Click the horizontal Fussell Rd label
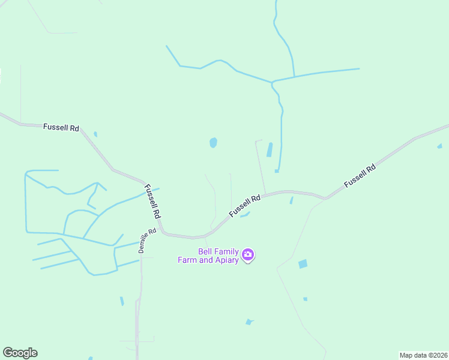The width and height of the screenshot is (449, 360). pos(61,127)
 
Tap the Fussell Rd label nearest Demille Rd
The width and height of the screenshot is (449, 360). pos(152,201)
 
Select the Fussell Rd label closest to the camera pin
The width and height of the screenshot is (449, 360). pos(245,206)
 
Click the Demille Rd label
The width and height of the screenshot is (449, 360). pos(147,241)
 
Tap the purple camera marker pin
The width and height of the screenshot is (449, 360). pos(248,256)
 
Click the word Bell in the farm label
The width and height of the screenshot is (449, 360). pos(206,252)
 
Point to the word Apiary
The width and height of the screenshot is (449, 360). pos(226,260)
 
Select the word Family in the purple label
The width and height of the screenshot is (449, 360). pos(228,252)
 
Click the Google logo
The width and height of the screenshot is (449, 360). pos(20,353)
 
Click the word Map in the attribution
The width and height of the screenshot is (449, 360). pos(407,355)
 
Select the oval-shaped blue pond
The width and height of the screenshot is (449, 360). pos(213,143)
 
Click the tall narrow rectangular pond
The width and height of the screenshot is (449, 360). pos(270,149)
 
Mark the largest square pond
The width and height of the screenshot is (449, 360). pos(303,264)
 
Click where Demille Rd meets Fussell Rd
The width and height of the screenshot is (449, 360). pos(161,233)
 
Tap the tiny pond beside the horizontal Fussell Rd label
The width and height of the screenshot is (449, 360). pos(95,134)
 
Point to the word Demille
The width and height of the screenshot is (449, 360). pos(145,244)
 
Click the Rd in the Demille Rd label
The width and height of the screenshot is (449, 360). pos(152,231)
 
